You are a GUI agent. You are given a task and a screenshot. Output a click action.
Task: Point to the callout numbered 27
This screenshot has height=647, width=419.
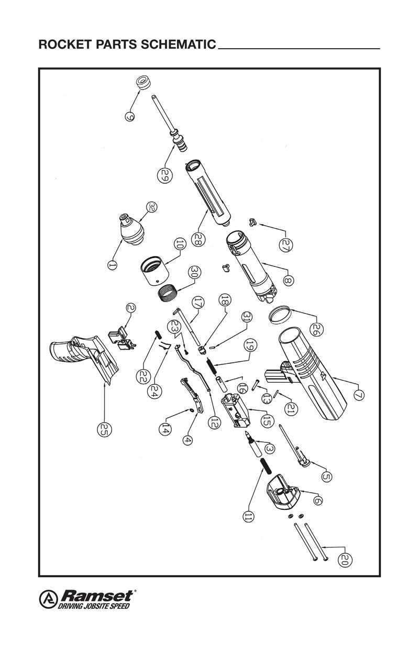point(286,244)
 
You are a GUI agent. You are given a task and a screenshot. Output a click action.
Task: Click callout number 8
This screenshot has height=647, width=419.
point(288,280)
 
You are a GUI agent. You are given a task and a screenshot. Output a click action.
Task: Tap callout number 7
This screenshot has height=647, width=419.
point(358,395)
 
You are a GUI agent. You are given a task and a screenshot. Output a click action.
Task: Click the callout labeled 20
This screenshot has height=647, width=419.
point(344,560)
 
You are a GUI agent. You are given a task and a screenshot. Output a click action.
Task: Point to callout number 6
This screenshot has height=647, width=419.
point(317,500)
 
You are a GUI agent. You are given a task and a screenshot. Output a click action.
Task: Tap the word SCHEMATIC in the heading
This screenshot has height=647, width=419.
point(178,44)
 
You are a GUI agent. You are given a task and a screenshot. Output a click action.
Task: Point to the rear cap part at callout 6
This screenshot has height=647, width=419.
point(283,492)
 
